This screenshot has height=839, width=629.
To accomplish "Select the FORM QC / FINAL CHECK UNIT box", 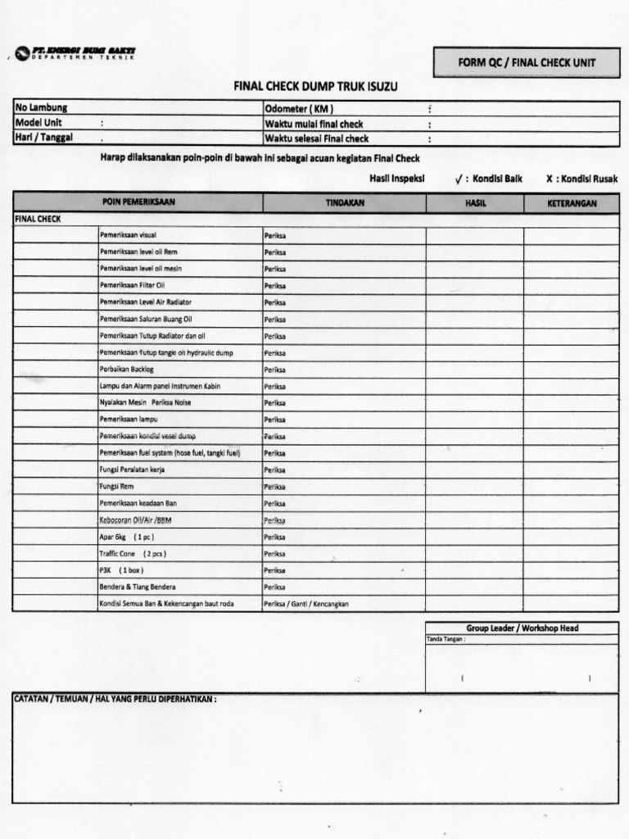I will (526, 62).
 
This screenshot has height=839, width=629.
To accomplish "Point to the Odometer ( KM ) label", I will (299, 108).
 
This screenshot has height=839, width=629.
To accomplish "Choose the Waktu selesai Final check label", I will (316, 138).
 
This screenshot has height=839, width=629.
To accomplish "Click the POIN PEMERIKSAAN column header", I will (138, 202).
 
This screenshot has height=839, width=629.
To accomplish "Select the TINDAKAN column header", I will (344, 203).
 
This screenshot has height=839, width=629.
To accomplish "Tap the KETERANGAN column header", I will (572, 203).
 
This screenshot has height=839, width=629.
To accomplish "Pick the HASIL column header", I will (475, 203).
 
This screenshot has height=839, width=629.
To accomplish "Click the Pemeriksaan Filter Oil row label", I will (133, 285).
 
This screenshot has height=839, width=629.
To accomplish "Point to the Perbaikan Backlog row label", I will (127, 370).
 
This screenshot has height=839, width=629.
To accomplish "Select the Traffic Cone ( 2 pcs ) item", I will (133, 553).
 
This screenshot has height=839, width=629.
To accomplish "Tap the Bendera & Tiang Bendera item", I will (138, 587).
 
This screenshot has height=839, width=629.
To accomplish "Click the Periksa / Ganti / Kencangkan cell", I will (306, 604).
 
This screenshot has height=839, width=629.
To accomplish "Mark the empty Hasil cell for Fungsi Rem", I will (475, 487).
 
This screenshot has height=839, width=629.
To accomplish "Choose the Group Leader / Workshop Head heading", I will (523, 628).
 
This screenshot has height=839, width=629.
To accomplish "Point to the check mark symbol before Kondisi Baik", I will (459, 179).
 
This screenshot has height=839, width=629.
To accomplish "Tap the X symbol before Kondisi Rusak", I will (550, 179).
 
